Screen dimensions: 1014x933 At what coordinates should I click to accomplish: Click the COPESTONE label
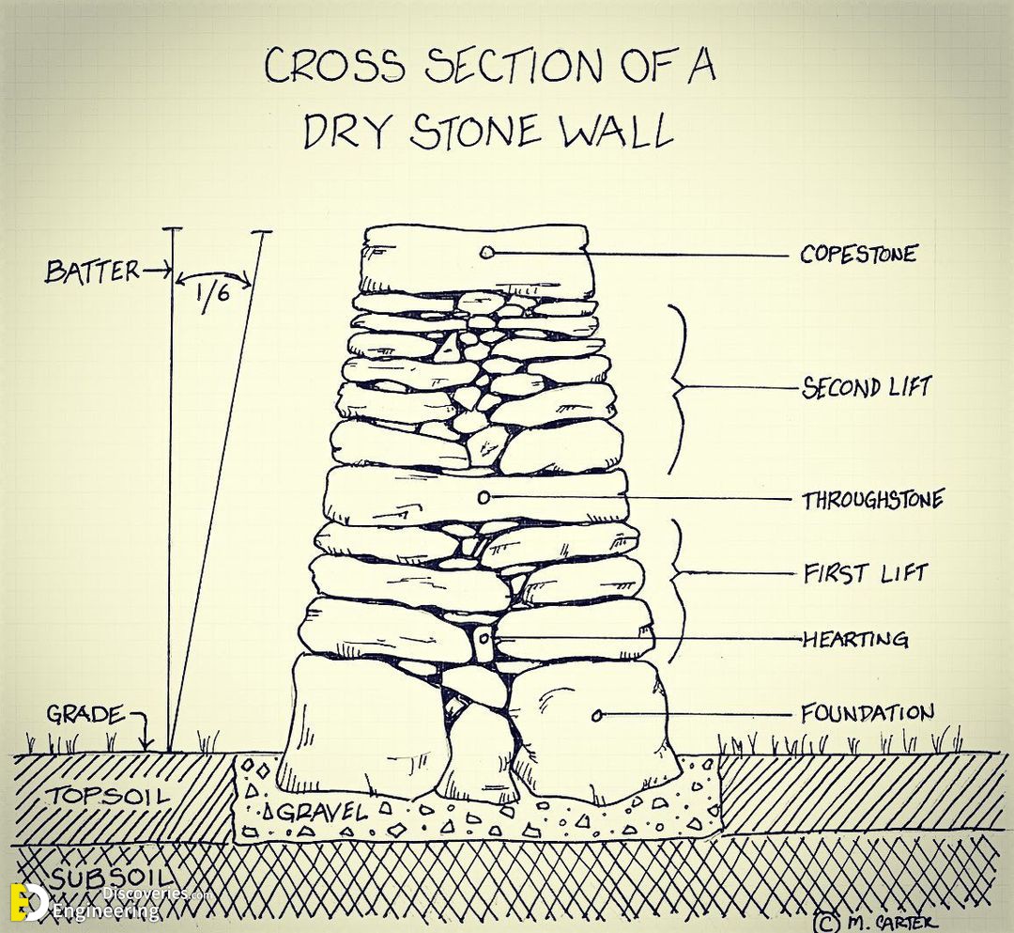(x=858, y=254)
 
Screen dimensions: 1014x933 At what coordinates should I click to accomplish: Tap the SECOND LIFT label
(x=866, y=387)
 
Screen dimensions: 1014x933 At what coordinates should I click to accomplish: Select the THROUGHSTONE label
(x=873, y=500)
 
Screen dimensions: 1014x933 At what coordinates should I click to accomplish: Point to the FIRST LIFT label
(x=866, y=573)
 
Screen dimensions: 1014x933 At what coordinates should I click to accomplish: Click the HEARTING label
(x=855, y=639)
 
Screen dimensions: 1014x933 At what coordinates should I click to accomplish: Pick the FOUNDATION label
(x=868, y=713)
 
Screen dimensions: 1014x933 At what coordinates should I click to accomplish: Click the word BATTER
(x=92, y=272)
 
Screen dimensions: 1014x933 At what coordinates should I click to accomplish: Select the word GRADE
(x=85, y=714)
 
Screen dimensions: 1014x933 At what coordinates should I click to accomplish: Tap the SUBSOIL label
(x=112, y=878)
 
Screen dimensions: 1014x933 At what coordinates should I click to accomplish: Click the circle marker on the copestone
(x=487, y=253)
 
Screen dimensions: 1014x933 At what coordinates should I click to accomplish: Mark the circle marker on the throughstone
(x=484, y=498)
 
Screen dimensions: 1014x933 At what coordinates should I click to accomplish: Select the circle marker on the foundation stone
(x=597, y=715)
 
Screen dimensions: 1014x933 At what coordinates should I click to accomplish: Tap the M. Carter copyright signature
(x=872, y=921)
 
